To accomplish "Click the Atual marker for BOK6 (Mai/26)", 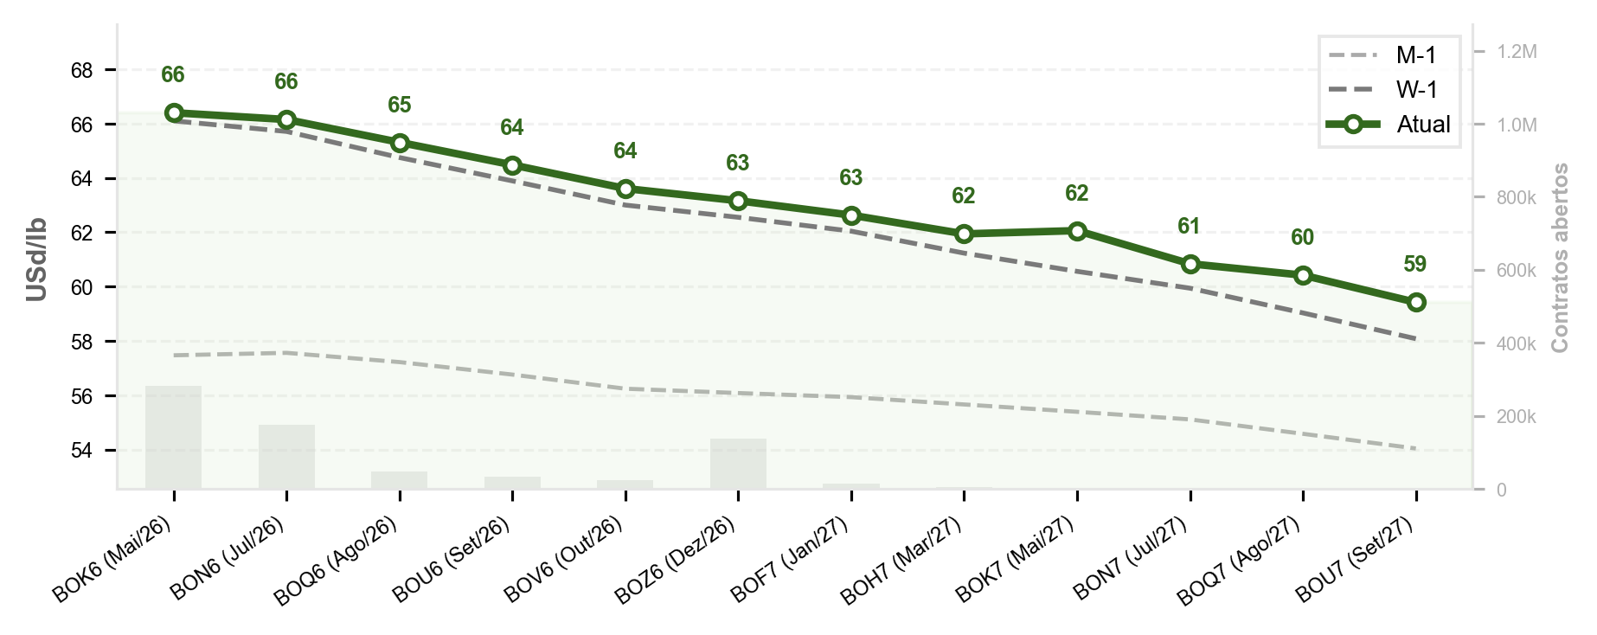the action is coord(174,113).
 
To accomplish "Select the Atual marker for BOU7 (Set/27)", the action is coord(1416,302).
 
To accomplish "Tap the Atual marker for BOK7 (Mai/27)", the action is coord(1077,231).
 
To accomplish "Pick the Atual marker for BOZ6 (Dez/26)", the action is coord(738,202).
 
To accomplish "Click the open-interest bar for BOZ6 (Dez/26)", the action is coord(738,464).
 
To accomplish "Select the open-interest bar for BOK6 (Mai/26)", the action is coord(174,438).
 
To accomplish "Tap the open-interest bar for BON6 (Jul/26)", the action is coord(286,457).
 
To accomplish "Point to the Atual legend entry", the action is coord(1389,125).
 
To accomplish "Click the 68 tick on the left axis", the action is coord(82,70).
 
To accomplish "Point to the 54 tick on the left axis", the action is coord(82,451).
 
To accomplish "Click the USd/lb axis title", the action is coord(36,260).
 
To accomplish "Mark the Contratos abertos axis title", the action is coord(1560,258).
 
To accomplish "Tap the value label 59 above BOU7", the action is coord(1415,265).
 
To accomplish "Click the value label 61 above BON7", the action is coord(1190,227).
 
